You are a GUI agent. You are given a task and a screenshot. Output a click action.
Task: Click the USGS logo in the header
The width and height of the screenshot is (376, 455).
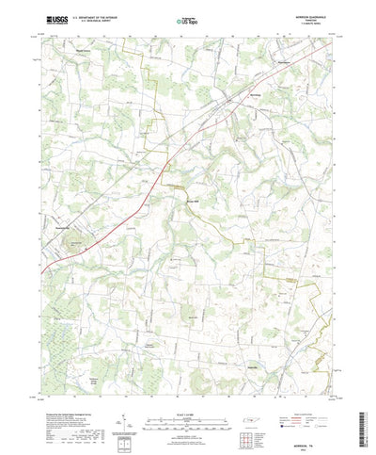point(54,19)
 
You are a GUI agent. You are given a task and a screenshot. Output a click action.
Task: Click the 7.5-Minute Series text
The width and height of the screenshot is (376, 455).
point(308,23)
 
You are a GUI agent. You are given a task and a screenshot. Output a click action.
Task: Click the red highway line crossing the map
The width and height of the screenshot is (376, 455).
point(113,227)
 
